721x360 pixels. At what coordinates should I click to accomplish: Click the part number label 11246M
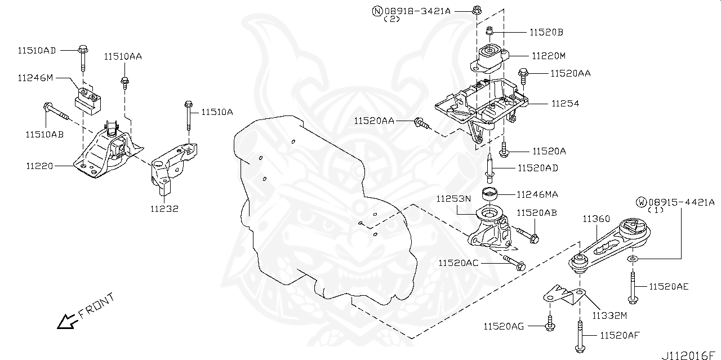point(35,78)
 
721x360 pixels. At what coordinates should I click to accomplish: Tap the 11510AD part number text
point(37,51)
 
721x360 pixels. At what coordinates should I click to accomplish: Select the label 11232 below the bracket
point(164,208)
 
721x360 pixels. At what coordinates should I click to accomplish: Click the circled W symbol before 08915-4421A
point(641,202)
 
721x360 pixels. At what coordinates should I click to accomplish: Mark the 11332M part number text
point(609,314)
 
